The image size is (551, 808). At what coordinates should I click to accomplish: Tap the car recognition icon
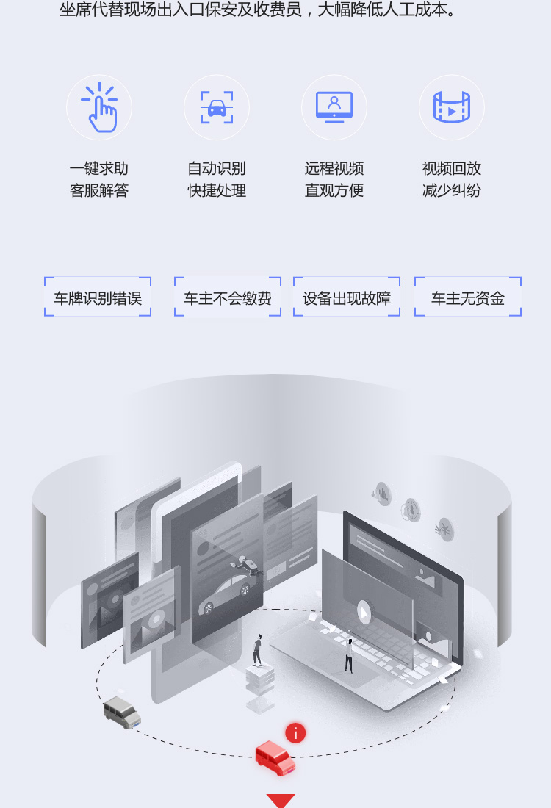pos(217,107)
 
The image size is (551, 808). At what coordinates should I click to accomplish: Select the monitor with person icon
pos(334,107)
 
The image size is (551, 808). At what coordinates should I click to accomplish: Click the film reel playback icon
pos(452,107)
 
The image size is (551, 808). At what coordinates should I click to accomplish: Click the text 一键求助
pos(99,168)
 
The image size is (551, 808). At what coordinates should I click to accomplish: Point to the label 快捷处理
pos(217,191)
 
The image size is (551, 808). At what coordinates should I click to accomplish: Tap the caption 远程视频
pos(334,168)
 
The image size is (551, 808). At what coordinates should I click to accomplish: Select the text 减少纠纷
pos(452,191)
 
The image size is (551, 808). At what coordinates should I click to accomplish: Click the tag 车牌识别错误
pos(98,297)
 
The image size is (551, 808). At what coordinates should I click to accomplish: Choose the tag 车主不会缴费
pos(228,297)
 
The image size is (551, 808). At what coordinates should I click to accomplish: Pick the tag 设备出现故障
pos(347,297)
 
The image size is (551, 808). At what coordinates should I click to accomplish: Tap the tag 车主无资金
pos(468,297)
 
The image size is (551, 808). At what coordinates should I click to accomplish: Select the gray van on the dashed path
pos(122,713)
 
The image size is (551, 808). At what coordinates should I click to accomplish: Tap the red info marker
pos(295,733)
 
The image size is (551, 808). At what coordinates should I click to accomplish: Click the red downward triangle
pos(281,800)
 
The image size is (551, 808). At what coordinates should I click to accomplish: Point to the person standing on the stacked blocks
pos(258,650)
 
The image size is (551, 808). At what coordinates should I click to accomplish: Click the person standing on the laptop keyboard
pos(349,655)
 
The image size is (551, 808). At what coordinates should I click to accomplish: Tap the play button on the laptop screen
pos(364,613)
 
